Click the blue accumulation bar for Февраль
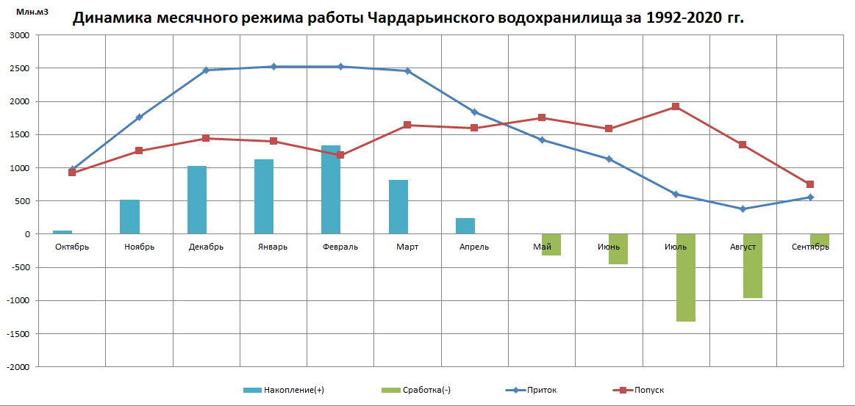(331, 189)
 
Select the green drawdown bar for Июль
(685, 278)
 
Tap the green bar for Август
(752, 266)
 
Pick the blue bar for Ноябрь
(129, 217)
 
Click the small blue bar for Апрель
(465, 226)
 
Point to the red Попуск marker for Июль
(676, 106)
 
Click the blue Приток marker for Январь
(273, 67)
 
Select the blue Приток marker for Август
(743, 209)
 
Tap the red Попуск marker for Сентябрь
(810, 184)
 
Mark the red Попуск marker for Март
(407, 125)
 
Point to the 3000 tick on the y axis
(20, 35)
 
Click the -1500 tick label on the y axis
(18, 333)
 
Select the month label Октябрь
(72, 247)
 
